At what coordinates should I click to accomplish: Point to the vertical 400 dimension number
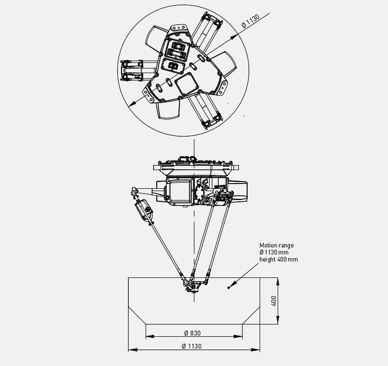tap(274, 300)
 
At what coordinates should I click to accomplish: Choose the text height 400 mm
tap(279, 259)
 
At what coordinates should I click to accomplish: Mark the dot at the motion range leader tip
tap(229, 285)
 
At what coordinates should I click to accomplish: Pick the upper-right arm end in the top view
tap(212, 22)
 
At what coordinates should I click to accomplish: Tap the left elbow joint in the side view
tap(134, 192)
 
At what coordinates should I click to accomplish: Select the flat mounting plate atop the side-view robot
tap(193, 168)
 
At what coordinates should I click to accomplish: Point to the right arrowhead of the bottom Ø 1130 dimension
tap(258, 350)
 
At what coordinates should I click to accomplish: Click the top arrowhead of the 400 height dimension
tap(279, 280)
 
